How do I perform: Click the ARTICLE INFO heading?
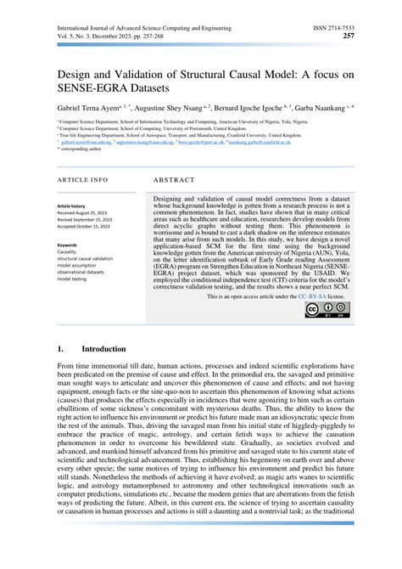pyautogui.click(x=82, y=181)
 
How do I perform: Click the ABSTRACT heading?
pyautogui.click(x=175, y=181)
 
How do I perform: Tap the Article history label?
pyautogui.click(x=74, y=206)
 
